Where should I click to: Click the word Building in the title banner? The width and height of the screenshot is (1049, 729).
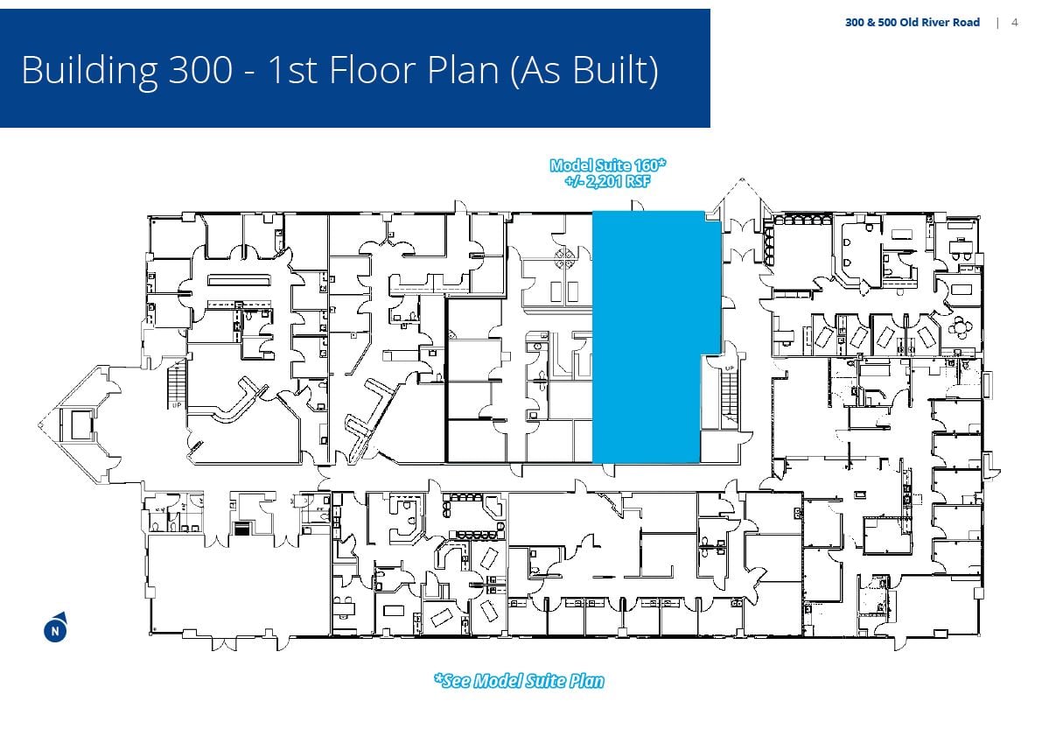89,70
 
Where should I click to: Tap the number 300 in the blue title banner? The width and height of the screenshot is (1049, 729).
200,70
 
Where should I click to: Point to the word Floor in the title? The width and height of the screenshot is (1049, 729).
372,70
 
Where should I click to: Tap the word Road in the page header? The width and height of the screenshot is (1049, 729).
966,22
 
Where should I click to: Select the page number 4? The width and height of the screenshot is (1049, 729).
1014,22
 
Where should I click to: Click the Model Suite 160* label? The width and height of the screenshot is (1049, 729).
608,165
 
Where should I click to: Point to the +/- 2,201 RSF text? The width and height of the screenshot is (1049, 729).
607,181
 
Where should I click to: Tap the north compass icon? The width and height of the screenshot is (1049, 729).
55,629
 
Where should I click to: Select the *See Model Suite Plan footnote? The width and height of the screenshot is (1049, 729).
519,681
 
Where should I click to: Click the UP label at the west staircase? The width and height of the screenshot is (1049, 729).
177,406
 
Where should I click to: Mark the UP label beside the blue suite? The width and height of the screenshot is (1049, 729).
729,368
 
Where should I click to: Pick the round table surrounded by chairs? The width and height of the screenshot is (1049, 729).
962,327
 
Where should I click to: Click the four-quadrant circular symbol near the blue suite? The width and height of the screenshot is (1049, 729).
564,256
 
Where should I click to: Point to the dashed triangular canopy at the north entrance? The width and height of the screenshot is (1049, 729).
741,195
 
